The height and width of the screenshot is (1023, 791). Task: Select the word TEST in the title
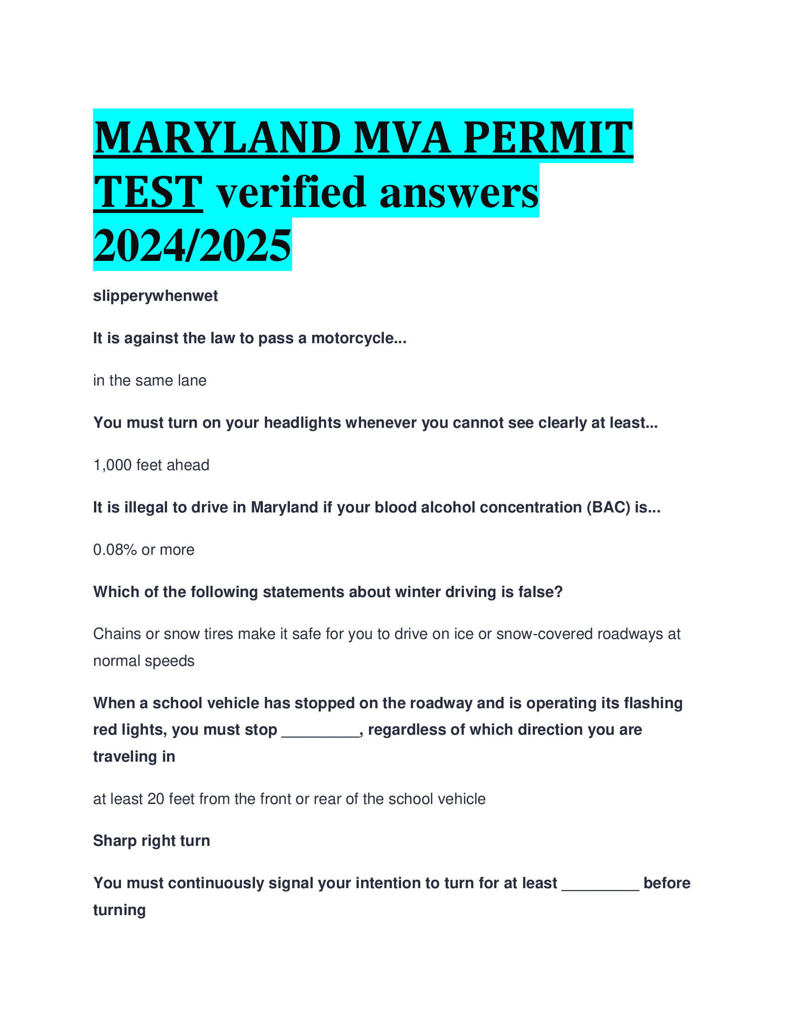click(148, 192)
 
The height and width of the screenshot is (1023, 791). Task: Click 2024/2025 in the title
click(192, 246)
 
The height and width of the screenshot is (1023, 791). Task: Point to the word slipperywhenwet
click(155, 296)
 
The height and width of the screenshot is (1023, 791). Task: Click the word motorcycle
click(358, 338)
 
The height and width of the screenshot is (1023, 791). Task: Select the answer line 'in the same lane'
click(149, 380)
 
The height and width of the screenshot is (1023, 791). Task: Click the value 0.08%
click(115, 550)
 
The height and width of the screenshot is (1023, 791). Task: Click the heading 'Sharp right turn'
click(151, 841)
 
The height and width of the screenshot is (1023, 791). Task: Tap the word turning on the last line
click(120, 910)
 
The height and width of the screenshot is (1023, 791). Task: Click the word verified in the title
click(290, 192)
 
